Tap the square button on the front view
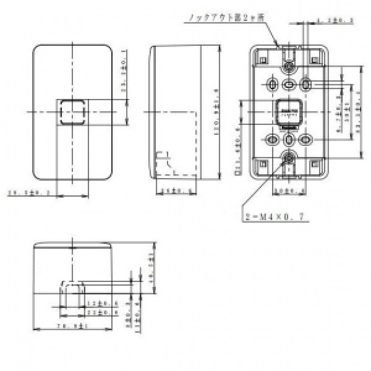coord(72,112)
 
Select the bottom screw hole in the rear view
coord(289,158)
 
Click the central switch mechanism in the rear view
coord(289,112)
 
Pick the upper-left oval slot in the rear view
coord(273,83)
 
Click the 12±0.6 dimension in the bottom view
coord(96,304)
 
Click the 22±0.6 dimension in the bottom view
coord(96,312)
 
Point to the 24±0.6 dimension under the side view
coord(168,191)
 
